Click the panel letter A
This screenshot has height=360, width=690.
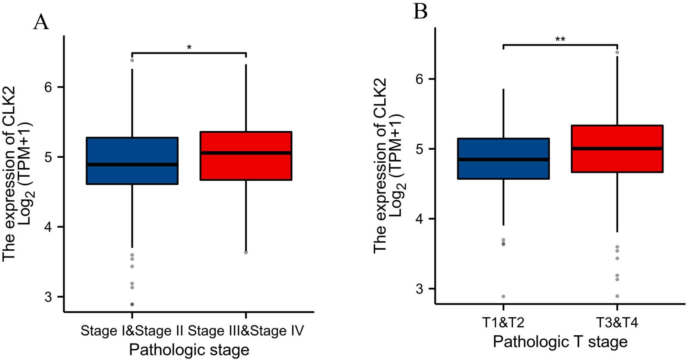[x=41, y=23]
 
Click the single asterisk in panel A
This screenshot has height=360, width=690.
[x=189, y=47]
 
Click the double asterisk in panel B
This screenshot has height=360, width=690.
[x=560, y=39]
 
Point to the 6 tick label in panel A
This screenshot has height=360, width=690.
[x=48, y=87]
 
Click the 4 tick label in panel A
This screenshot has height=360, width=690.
[x=48, y=227]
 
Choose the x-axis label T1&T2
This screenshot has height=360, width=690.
[x=503, y=323]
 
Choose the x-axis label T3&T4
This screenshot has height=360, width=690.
[x=617, y=323]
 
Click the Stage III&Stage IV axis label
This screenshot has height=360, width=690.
[x=246, y=331]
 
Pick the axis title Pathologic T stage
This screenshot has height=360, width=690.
[x=560, y=342]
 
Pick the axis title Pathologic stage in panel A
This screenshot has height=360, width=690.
[x=189, y=350]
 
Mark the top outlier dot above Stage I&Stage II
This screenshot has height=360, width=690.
[x=132, y=60]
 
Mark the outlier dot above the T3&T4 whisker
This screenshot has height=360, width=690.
[x=617, y=52]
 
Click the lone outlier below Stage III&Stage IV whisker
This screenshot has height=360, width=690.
[x=246, y=253]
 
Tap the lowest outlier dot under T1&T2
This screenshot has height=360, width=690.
[x=503, y=297]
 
